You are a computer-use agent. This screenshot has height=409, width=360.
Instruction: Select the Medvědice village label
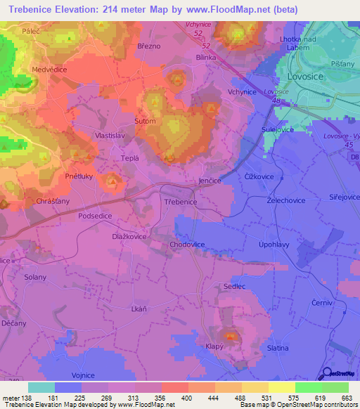pyautogui.click(x=49, y=70)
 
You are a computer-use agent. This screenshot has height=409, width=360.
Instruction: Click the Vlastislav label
pyautogui.click(x=110, y=134)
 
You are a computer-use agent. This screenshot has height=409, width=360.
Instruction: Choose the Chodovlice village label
pyautogui.click(x=188, y=244)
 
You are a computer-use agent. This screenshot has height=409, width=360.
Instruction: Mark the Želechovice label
pyautogui.click(x=285, y=200)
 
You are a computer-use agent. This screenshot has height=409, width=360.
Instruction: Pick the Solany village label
pyautogui.click(x=35, y=278)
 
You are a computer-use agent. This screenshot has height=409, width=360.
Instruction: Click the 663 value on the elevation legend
pyautogui.click(x=346, y=397)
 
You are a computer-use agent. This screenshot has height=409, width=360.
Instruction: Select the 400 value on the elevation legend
pyautogui.click(x=186, y=397)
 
